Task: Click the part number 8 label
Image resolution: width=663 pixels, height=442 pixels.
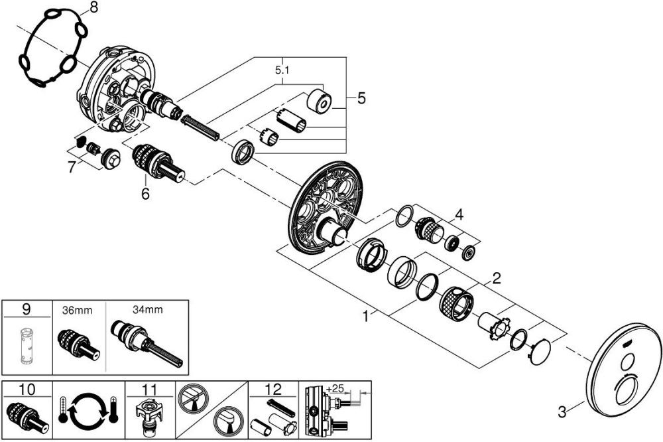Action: tap(93, 8)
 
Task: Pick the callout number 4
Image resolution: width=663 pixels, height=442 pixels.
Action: tap(459, 216)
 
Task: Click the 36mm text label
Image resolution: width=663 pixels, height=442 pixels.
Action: tap(76, 309)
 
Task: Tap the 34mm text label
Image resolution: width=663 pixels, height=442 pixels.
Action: tap(146, 309)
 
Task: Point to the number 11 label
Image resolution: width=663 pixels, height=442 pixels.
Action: tap(150, 389)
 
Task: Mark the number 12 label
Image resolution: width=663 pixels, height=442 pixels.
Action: tap(272, 389)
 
